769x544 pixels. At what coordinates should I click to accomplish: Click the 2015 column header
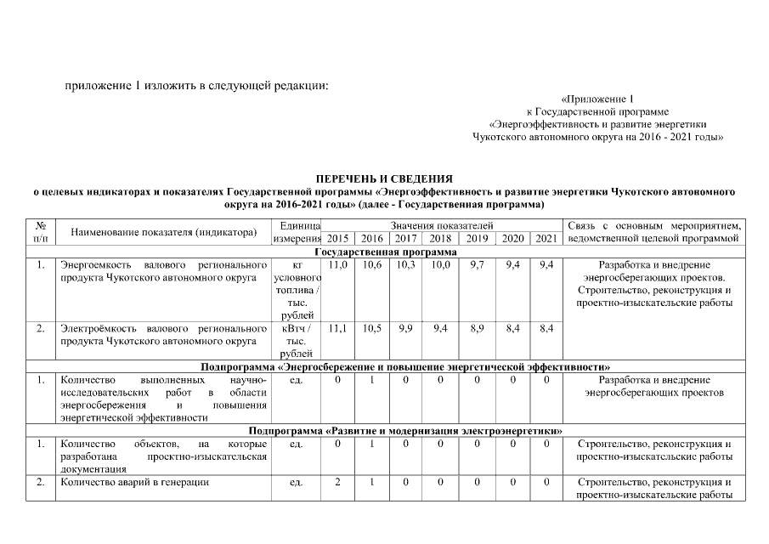click(338, 238)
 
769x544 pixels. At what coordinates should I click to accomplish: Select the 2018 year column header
click(440, 238)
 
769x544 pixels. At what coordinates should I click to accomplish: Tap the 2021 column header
click(546, 238)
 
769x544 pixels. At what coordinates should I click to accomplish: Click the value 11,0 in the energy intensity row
click(338, 265)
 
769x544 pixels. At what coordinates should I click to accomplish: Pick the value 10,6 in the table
click(371, 265)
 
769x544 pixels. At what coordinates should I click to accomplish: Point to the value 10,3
click(405, 265)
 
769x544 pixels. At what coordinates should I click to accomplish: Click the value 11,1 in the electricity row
click(338, 327)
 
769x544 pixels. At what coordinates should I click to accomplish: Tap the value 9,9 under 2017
click(405, 327)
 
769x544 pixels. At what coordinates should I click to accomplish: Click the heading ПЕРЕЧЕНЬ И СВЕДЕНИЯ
click(384, 179)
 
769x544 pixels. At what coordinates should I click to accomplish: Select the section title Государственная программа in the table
click(386, 252)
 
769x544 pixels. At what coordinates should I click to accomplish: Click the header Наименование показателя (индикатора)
click(164, 231)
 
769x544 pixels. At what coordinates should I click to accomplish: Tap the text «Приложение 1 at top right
click(597, 99)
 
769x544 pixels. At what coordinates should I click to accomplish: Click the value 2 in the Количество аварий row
click(338, 483)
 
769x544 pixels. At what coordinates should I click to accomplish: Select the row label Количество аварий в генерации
click(134, 483)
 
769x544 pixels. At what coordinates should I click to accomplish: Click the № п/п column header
click(40, 231)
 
